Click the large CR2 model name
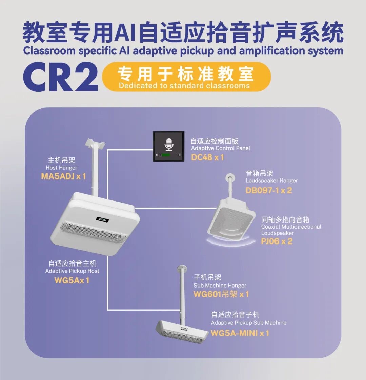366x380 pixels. (60, 77)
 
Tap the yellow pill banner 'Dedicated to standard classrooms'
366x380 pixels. (186, 77)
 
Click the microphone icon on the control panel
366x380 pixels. (169, 144)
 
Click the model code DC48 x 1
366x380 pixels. (207, 157)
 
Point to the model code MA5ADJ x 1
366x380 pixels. (63, 176)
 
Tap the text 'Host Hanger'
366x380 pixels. (61, 168)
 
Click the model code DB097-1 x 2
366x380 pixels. (268, 190)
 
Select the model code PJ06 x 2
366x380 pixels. (277, 241)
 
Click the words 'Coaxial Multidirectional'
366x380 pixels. (291, 227)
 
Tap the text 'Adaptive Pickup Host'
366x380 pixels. (72, 271)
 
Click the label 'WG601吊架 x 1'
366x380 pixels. (221, 294)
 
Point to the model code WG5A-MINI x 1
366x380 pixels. (240, 333)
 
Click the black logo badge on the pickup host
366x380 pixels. (102, 219)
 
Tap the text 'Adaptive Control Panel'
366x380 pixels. (220, 148)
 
